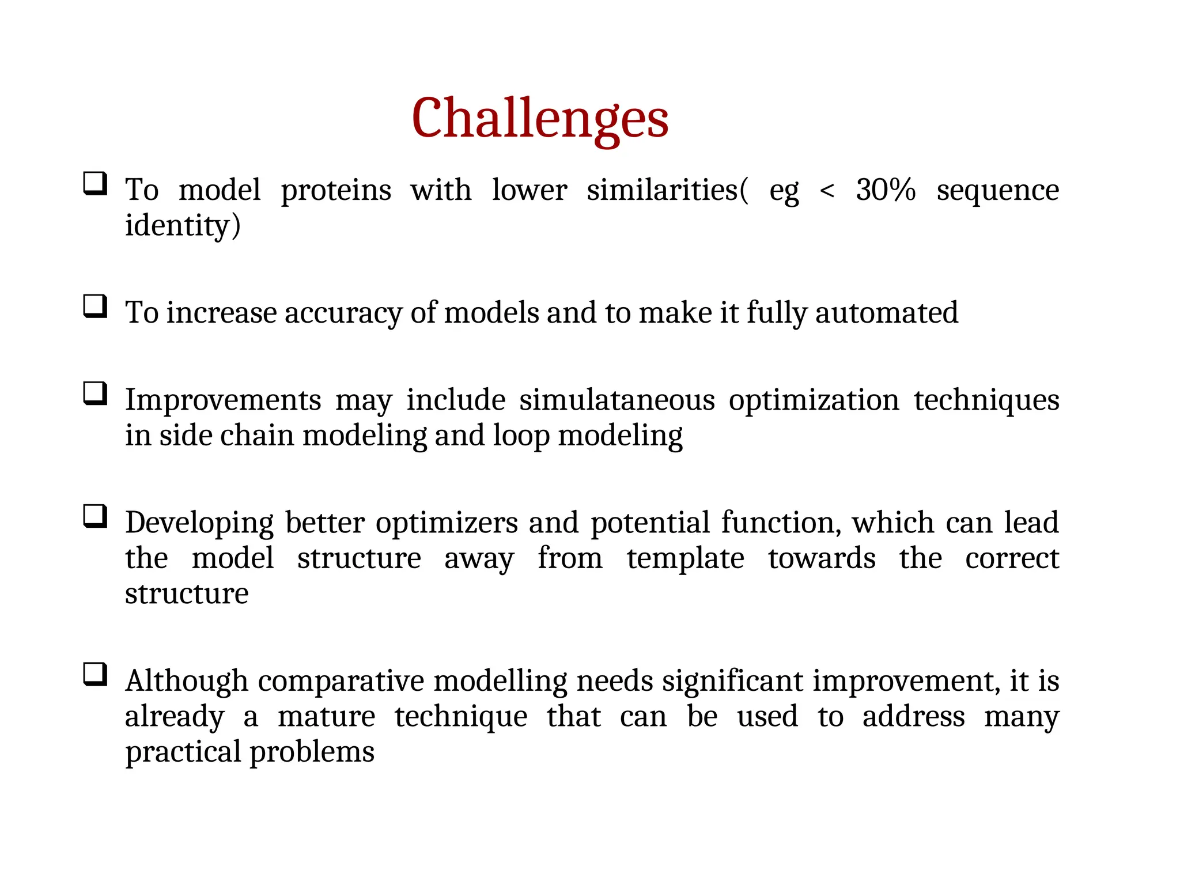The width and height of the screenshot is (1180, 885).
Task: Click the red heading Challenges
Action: click(x=540, y=118)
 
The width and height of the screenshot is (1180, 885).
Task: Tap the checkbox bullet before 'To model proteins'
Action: click(x=95, y=184)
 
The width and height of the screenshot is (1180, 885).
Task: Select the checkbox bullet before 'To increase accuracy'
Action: click(x=95, y=306)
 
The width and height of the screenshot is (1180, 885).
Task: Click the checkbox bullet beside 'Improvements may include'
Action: click(x=95, y=394)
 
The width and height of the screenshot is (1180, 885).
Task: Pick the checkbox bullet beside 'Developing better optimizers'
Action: click(x=95, y=516)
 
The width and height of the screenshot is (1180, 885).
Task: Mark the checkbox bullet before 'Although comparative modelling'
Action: click(x=95, y=674)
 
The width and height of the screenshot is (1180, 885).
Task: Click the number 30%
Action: click(x=885, y=190)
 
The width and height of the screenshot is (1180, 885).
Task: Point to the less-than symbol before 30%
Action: click(x=827, y=191)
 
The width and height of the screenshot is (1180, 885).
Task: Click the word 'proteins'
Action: click(x=336, y=191)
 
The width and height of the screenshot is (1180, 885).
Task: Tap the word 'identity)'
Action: click(x=183, y=225)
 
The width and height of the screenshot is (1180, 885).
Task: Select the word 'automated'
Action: click(x=887, y=313)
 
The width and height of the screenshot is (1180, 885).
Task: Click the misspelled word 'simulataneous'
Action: click(x=617, y=400)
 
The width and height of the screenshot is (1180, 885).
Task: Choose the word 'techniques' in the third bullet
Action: click(x=986, y=400)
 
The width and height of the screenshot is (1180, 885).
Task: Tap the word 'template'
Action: click(x=685, y=558)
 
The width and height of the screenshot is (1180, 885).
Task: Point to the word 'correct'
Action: click(x=1012, y=558)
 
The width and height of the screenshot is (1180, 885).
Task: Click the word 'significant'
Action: click(x=732, y=681)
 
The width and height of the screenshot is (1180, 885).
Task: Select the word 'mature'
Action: click(x=326, y=717)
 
